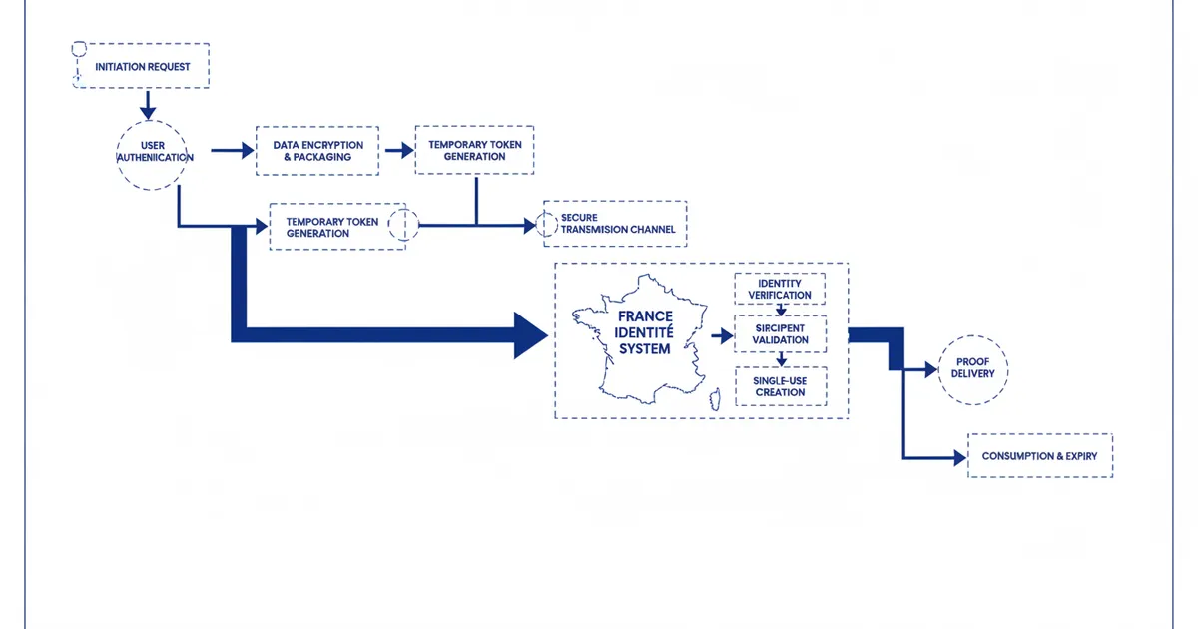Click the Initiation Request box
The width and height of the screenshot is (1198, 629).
[x=142, y=66]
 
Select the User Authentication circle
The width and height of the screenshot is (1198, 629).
[x=152, y=155]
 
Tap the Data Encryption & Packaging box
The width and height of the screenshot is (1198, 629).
[x=317, y=151]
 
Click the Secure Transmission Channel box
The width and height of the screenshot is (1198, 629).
[x=617, y=223]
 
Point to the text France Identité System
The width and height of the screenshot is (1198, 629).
[x=645, y=332]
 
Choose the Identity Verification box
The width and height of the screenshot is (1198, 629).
[x=780, y=289]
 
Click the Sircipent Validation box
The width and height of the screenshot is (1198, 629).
[x=780, y=334]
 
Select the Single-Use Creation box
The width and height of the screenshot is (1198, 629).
[x=780, y=386]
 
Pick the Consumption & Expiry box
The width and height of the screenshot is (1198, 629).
[x=1039, y=456]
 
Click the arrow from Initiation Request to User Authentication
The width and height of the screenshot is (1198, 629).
[x=148, y=103]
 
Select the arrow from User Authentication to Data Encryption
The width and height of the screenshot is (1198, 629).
[x=235, y=151]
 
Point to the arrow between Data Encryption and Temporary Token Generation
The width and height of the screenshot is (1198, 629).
[x=399, y=151]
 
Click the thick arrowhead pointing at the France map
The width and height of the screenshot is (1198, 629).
[x=531, y=334]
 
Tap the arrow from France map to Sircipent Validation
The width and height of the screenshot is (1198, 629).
[x=722, y=336]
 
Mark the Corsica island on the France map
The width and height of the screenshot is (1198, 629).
[x=714, y=401]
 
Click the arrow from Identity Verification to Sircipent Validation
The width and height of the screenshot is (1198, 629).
[x=782, y=310]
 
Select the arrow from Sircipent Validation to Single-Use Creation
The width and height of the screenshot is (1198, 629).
[x=782, y=360]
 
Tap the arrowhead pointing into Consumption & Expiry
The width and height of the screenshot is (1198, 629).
[x=960, y=457]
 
